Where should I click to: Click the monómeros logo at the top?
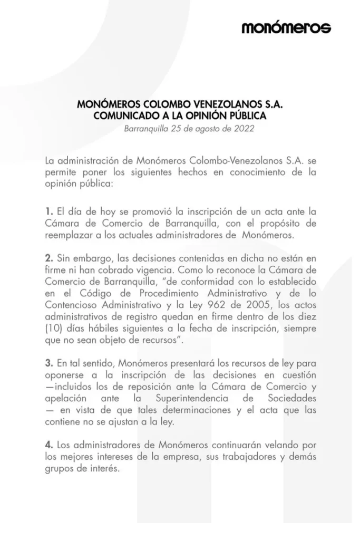coord(286,28)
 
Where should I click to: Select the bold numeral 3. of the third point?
coord(49,363)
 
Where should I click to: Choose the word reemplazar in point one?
coord(68,236)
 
